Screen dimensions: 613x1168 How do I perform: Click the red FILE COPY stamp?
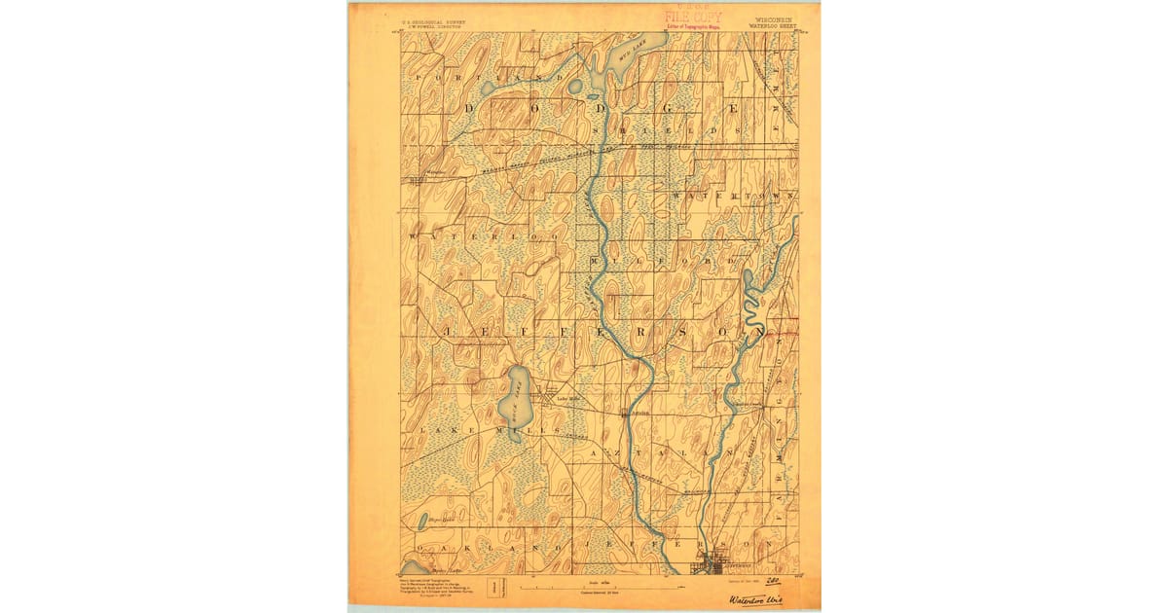[693, 16]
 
